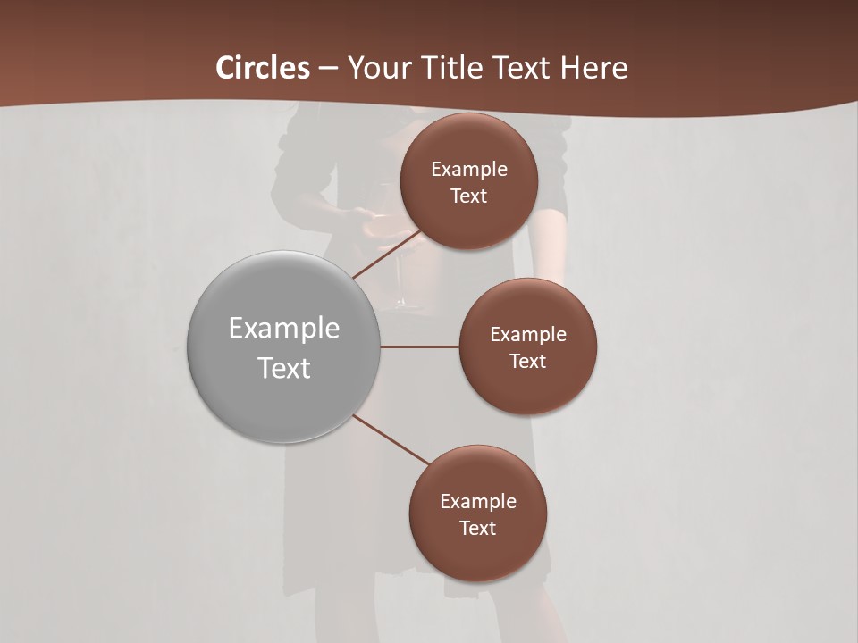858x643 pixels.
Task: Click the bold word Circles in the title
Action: point(263,68)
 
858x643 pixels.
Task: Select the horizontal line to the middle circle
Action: point(420,347)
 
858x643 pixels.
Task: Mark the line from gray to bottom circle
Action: point(391,439)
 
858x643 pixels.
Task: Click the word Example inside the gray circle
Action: point(284,329)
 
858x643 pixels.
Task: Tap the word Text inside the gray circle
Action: point(284,368)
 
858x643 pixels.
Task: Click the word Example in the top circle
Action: point(469,170)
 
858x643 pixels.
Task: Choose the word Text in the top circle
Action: point(469,196)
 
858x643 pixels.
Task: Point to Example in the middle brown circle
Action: point(528,335)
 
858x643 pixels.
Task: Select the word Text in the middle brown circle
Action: point(528,362)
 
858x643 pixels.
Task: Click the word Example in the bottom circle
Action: point(478,502)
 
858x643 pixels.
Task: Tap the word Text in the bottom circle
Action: point(478,529)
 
